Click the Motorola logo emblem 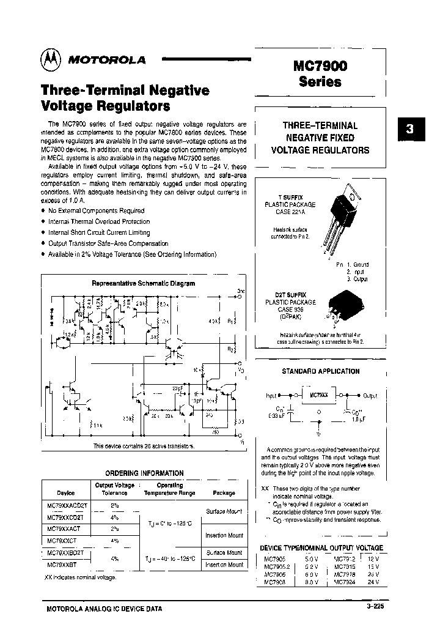51,59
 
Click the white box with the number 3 410,130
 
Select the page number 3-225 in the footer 376,607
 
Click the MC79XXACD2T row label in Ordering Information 67,505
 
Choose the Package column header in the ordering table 223,492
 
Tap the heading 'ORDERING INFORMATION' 144,473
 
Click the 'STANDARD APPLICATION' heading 320,371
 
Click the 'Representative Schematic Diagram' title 143,283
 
